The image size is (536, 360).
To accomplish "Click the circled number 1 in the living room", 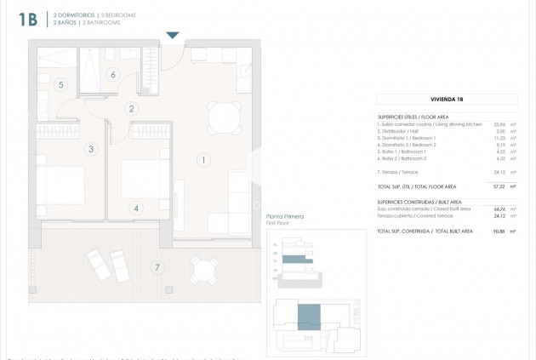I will pos(202,159).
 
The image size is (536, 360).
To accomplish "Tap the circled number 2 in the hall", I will pos(131,108).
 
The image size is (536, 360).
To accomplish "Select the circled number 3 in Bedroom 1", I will pos(89,149).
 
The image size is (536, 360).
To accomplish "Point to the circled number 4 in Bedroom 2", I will pos(136,207).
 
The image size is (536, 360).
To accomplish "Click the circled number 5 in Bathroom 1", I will pos(60,85).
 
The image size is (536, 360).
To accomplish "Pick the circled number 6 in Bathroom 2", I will pos(113,74).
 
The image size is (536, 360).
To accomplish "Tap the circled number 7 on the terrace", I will pos(157,268).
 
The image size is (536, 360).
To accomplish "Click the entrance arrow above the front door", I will pos(173,35).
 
